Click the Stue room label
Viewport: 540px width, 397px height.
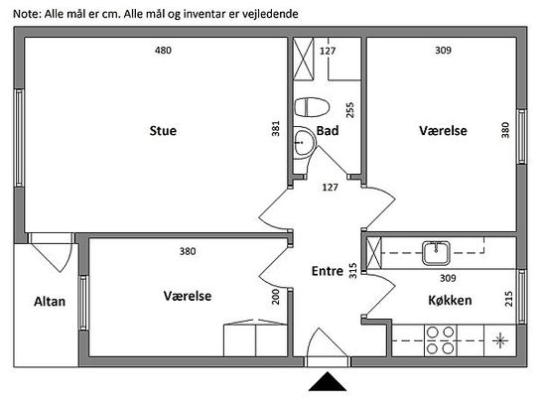[163, 131]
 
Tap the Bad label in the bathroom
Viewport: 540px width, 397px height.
[328, 131]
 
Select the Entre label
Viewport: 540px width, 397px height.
[328, 271]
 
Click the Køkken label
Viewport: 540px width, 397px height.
[450, 301]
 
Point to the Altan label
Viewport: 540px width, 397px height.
[50, 302]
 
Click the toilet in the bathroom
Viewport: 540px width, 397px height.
[312, 107]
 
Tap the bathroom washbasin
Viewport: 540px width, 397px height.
[305, 142]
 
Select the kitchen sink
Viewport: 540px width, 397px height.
[436, 253]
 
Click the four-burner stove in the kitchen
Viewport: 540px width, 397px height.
[440, 340]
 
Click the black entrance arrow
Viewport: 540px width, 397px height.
[328, 381]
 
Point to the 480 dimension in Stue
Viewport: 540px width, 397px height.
[163, 51]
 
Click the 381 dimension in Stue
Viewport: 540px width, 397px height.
[276, 128]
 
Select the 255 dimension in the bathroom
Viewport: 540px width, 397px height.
[349, 110]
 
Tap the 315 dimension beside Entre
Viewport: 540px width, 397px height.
[353, 271]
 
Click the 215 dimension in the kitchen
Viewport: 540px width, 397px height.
[508, 299]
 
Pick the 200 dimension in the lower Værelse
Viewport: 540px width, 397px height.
[276, 297]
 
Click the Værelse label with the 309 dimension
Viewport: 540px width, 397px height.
[443, 131]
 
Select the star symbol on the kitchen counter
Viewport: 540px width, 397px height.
[500, 340]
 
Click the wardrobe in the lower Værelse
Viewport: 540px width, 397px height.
[255, 338]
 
